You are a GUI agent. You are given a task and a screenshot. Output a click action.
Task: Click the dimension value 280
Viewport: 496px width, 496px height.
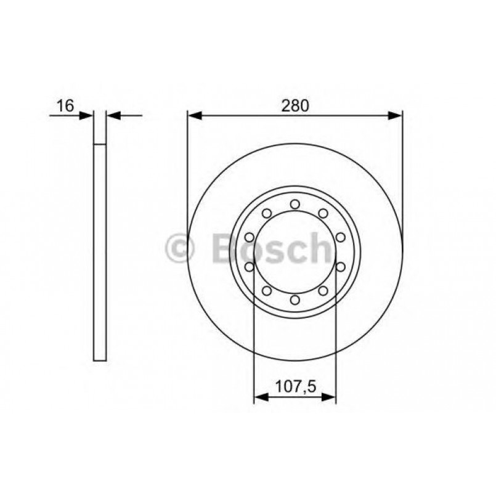pyautogui.click(x=295, y=105)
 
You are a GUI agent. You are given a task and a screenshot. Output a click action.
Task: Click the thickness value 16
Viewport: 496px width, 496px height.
pyautogui.click(x=65, y=105)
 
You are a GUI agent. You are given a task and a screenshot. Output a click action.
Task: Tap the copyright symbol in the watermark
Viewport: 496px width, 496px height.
pyautogui.click(x=180, y=249)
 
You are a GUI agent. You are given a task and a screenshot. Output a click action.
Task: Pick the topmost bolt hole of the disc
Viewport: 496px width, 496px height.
pyautogui.click(x=295, y=204)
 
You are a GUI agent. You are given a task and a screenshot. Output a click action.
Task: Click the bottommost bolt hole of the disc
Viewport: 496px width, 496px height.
pyautogui.click(x=295, y=299)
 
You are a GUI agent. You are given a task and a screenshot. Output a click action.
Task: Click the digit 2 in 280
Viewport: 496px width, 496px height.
pyautogui.click(x=287, y=105)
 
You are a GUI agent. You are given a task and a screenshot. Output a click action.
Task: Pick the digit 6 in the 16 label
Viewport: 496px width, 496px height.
pyautogui.click(x=69, y=105)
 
